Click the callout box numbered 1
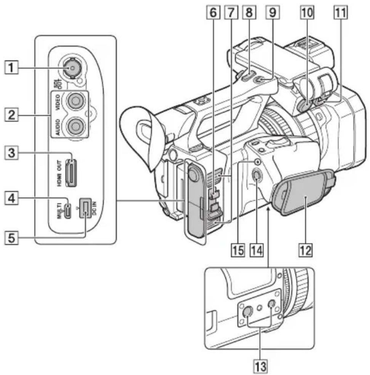[x=11, y=67]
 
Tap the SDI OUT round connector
[x=72, y=68]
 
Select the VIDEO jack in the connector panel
[x=75, y=101]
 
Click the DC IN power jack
[x=85, y=208]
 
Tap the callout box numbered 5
[x=11, y=238]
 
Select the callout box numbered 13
[x=260, y=366]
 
